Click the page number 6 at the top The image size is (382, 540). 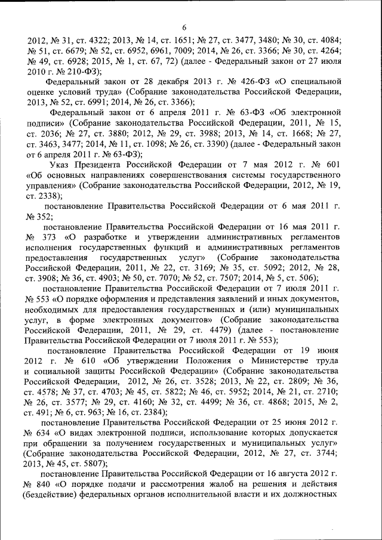pyautogui.click(x=184, y=27)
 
